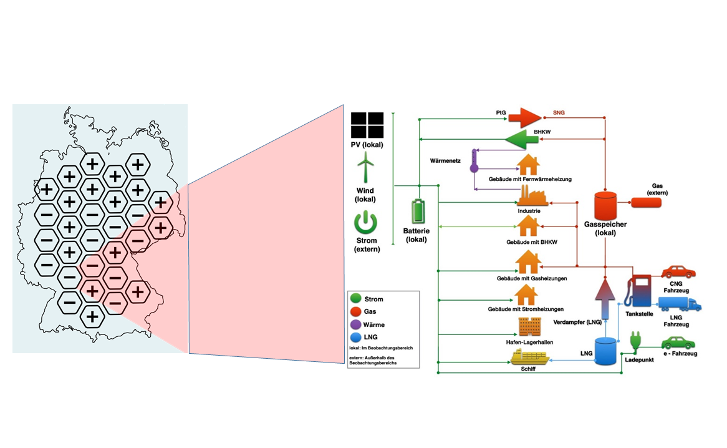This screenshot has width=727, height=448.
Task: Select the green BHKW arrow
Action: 521,139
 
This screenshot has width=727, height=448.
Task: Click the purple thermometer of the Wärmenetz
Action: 474,161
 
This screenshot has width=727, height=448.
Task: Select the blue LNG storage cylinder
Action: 606,351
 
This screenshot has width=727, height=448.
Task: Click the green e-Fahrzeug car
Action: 678,343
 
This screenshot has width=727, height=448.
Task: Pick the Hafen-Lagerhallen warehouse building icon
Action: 529,326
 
